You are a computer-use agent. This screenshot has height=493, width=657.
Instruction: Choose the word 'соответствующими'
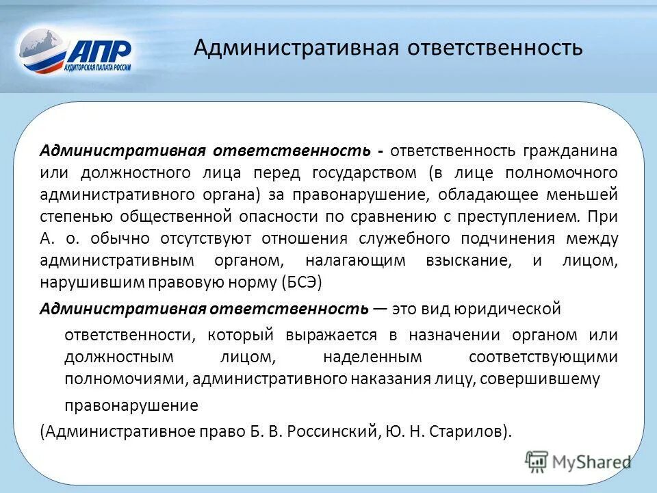click(x=543, y=357)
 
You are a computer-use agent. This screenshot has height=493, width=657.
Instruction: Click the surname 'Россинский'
click(x=328, y=431)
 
